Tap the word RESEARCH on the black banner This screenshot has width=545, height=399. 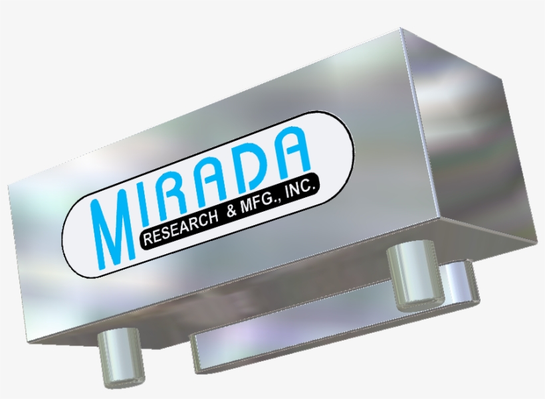click(180, 227)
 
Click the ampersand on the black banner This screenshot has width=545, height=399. click(232, 210)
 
